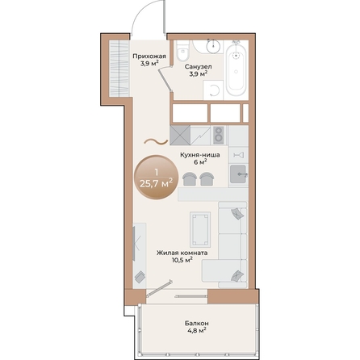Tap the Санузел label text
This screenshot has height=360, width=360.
pos(198,67)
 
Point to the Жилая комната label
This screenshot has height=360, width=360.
pos(182,253)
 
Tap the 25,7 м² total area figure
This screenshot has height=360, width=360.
pos(156,182)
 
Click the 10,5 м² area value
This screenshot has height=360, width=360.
pos(182,260)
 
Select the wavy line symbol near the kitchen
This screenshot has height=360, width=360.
pos(151,143)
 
